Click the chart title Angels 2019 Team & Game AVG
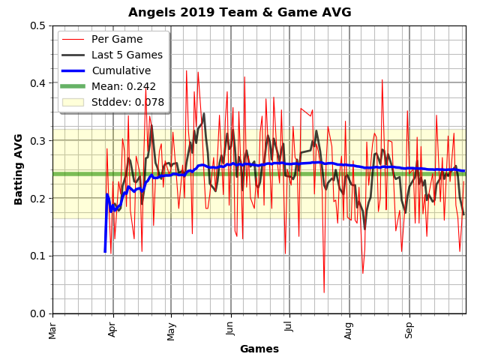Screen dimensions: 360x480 (x=239, y=12)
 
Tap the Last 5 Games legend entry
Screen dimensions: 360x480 (x=127, y=55)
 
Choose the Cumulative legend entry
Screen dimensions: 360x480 (x=121, y=70)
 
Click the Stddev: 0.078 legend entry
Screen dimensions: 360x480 (x=127, y=102)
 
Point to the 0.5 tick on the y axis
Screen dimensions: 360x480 (x=37, y=25)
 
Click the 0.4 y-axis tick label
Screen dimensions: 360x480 (x=37, y=83)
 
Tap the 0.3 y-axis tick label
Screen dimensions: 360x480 (x=37, y=141)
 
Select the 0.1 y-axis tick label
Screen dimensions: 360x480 (x=37, y=256)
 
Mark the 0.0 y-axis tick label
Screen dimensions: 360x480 (x=37, y=313)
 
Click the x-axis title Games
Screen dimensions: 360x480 (x=259, y=349)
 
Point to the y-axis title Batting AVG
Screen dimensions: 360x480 (x=19, y=169)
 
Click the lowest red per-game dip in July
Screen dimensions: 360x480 (x=324, y=292)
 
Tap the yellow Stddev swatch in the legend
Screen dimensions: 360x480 (x=73, y=102)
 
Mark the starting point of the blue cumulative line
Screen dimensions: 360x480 (x=104, y=251)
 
